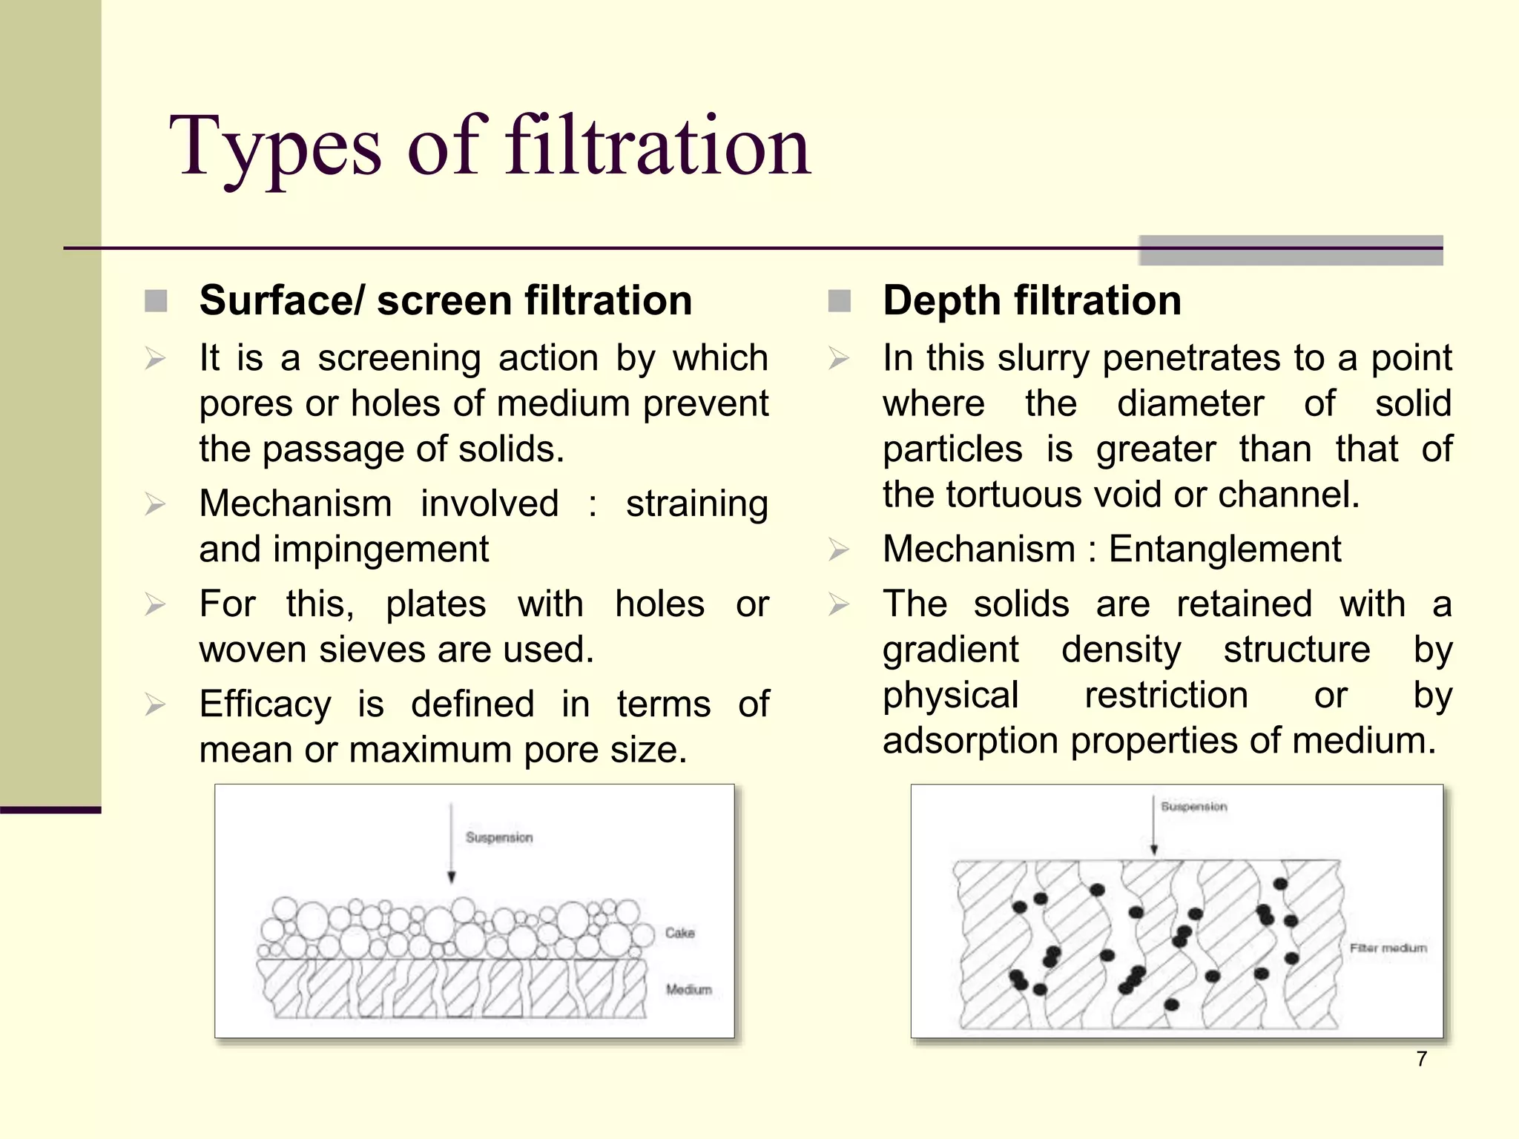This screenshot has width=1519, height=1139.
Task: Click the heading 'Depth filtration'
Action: point(1032,301)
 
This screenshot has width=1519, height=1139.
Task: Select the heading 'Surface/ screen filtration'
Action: point(446,301)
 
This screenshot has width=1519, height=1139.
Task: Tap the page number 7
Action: point(1421,1059)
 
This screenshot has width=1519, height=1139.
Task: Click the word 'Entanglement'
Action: point(1225,549)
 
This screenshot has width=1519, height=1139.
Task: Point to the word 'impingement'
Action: point(380,549)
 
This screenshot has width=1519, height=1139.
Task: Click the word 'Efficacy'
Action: point(265,704)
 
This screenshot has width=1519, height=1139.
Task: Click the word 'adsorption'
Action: point(970,741)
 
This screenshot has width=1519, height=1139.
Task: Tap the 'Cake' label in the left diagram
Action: point(679,933)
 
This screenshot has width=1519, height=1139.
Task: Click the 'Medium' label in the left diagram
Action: point(688,989)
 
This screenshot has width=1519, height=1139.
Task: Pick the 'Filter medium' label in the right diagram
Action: point(1388,948)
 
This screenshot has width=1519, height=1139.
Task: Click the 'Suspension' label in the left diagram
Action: point(499,837)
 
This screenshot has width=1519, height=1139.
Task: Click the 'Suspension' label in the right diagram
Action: point(1194,806)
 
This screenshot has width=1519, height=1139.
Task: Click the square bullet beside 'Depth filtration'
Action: point(839,301)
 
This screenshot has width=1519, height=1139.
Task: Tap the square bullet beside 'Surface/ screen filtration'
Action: point(156,301)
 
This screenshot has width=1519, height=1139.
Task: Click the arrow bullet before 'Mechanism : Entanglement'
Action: point(839,550)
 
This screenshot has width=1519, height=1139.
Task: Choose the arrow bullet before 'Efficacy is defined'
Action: point(156,704)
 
